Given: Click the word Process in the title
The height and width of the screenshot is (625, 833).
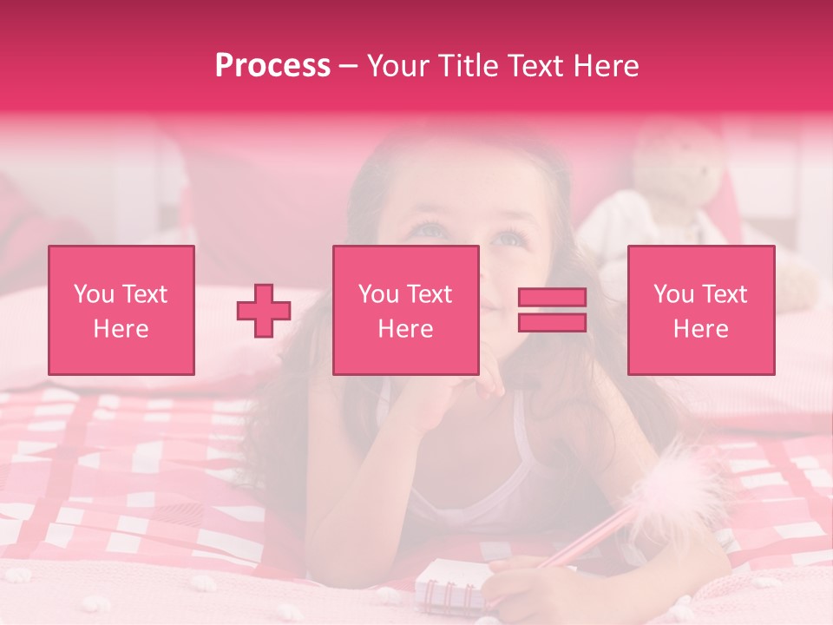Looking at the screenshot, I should click(x=272, y=66).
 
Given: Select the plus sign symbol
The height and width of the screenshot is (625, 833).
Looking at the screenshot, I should click(x=264, y=311).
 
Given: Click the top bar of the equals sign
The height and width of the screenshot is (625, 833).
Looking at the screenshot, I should click(x=552, y=298).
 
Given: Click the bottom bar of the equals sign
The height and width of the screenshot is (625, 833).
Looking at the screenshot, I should click(x=552, y=323).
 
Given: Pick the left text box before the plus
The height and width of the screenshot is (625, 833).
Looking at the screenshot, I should click(x=121, y=310).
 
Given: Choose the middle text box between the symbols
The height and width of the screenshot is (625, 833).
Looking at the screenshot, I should click(x=405, y=310).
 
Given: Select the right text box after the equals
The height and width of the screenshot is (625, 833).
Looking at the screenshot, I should click(x=700, y=310).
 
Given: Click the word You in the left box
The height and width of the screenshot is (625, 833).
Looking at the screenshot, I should click(x=93, y=294).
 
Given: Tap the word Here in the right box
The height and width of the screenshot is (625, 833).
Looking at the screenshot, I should click(x=700, y=329).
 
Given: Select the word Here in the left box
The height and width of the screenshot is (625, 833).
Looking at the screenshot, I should click(x=121, y=329).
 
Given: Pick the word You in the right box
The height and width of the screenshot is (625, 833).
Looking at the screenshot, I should click(x=673, y=294).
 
